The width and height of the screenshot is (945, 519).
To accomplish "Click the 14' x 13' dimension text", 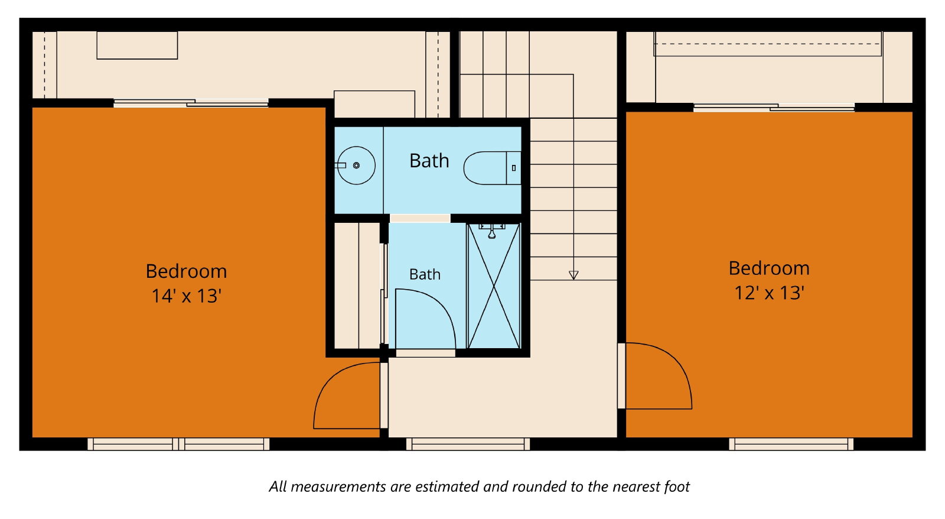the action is coord(187,296).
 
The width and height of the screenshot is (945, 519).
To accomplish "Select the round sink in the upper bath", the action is coord(356,166).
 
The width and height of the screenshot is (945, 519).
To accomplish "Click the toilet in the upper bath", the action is coord(493,168).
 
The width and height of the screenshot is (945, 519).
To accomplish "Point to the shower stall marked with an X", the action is coord(494,286).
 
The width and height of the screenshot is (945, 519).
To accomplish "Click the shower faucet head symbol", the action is coord(492,232).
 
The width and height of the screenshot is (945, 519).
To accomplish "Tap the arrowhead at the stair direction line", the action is coord(573,275).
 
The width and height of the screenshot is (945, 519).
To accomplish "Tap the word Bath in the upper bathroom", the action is coord(429,161).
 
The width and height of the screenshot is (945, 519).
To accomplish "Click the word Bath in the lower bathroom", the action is coord(425,274).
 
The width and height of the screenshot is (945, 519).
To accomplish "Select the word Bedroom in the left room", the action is coord(187,271).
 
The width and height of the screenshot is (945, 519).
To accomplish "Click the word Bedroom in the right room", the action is coord(769,268).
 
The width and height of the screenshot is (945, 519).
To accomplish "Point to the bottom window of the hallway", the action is coord(468,445).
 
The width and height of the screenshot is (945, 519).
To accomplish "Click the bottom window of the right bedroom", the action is coord(791,445).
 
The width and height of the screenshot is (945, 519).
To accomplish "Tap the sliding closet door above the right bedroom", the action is coord(774,107).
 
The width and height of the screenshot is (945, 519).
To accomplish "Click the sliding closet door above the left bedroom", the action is coord(191,103).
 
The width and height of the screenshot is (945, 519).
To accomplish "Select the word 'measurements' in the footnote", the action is coord(338,487).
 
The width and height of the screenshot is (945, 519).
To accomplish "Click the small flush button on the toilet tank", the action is coord(513,168).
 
